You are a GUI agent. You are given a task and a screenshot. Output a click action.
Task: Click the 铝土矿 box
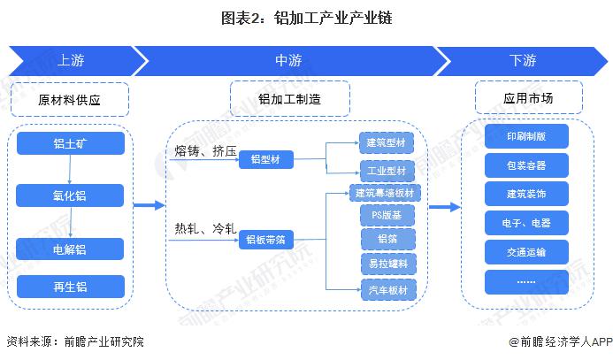tap(71, 143)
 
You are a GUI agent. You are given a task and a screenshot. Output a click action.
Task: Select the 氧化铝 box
tap(70, 195)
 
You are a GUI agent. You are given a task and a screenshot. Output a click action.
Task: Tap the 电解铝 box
tap(70, 249)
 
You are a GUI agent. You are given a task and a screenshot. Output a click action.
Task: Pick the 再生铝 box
tap(71, 287)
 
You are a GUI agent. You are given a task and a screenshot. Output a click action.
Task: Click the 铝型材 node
tap(266, 159)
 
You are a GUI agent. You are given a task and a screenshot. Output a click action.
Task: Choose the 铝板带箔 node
tap(266, 240)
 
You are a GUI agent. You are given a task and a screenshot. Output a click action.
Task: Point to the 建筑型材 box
tap(387, 142)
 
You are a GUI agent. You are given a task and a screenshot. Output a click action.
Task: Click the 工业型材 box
tap(387, 171)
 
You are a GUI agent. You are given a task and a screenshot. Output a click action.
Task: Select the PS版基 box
tap(387, 215)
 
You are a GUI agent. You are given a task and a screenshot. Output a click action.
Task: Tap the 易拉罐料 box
tap(388, 264)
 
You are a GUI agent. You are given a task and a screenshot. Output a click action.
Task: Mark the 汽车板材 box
tap(388, 290)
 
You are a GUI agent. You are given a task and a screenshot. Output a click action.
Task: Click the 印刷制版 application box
tap(526, 136)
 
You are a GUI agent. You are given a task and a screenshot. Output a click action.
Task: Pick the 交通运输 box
tap(526, 252)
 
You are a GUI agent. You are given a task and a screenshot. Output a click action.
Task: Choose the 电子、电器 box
tap(526, 223)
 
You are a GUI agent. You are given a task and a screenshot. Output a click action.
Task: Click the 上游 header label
tap(71, 60)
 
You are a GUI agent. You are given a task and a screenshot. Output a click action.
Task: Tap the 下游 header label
tap(522, 60)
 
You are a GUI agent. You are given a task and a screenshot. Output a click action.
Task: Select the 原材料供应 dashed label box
tap(70, 99)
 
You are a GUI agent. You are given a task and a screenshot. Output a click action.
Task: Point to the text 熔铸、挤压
tap(205, 151)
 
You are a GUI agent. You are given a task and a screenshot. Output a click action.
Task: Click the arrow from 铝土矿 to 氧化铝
tap(70, 170)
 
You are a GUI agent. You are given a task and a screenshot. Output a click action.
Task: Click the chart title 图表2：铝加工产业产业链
tap(306, 18)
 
